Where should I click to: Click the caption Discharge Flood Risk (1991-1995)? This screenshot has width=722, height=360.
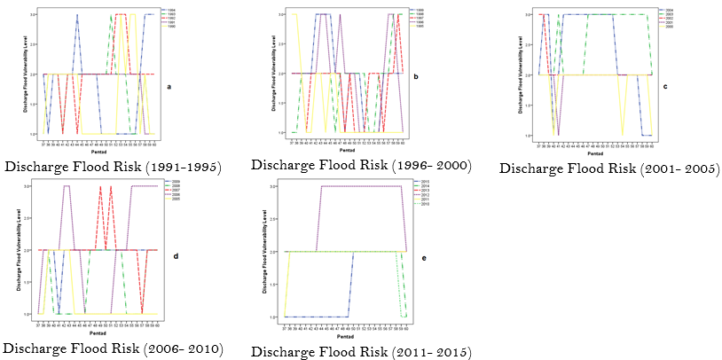point(114,167)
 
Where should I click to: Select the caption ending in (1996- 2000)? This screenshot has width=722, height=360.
point(361,165)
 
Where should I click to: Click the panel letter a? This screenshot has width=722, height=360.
point(169,86)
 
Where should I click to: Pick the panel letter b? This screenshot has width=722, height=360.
point(417,78)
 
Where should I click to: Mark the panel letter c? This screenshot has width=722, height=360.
point(664,87)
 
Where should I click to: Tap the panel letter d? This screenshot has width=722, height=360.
point(176,256)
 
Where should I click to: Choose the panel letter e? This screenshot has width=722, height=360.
point(423,259)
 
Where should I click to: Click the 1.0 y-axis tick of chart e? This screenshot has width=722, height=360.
point(279,317)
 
